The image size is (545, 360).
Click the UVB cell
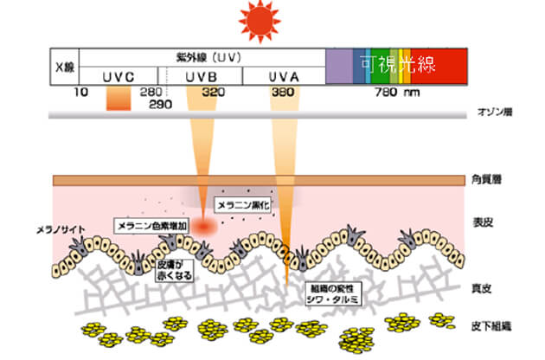(202, 76)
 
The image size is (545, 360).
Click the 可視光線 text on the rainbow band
(399, 63)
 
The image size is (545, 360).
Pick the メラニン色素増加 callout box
(151, 225)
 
